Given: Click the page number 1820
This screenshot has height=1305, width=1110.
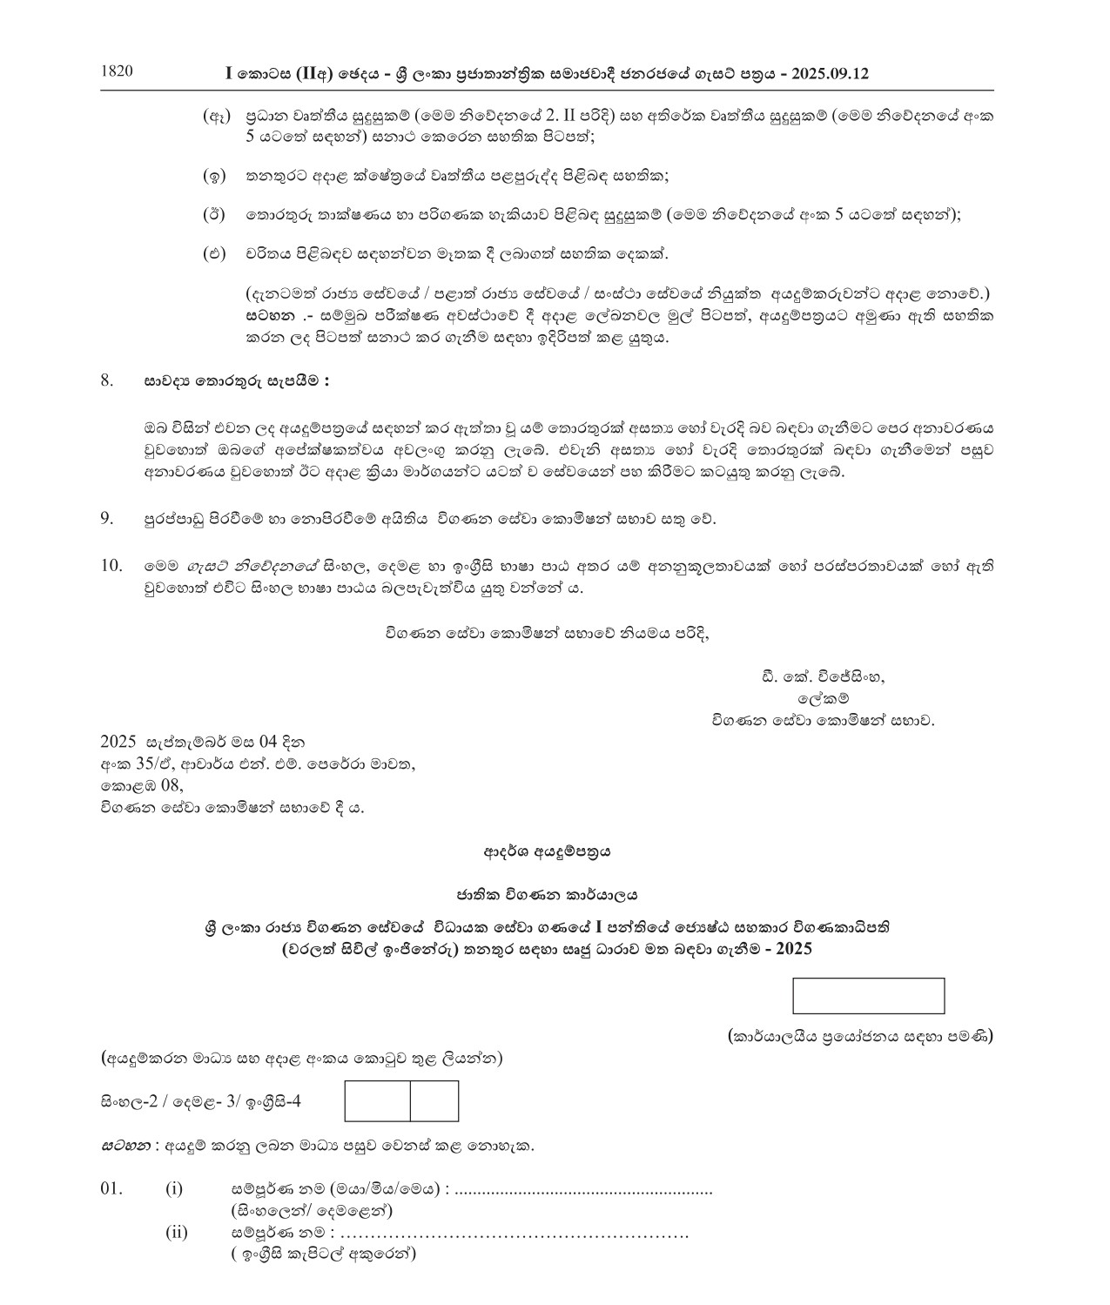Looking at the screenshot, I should click(x=118, y=72).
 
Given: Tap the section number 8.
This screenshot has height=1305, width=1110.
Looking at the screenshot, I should click(x=107, y=380).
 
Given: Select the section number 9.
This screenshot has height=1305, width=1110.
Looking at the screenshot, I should click(x=107, y=519).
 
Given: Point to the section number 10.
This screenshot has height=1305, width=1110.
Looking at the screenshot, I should click(x=111, y=565).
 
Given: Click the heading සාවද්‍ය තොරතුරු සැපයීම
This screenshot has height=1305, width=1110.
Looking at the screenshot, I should click(x=237, y=381).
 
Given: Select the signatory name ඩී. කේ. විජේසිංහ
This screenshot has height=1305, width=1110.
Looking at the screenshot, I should click(x=822, y=676).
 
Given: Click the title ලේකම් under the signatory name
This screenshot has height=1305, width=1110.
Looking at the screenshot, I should click(x=823, y=698).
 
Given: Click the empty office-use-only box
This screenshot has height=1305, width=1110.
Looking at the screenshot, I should click(x=868, y=996).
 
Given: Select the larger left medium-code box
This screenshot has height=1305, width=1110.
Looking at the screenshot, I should click(x=378, y=1101).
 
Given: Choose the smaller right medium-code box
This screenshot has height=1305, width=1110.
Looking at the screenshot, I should click(x=434, y=1101).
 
